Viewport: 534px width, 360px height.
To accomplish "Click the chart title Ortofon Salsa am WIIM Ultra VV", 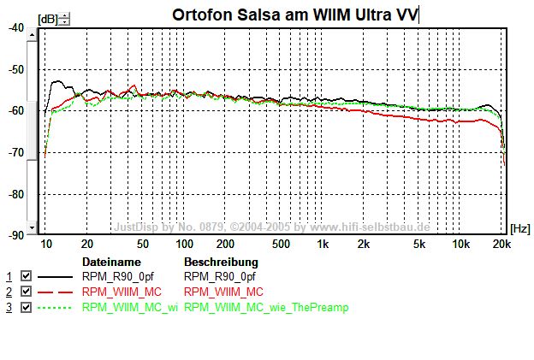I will click(294, 14).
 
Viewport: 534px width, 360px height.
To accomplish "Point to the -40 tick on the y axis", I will click(16, 27).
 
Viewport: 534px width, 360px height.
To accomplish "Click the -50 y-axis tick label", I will click(16, 69).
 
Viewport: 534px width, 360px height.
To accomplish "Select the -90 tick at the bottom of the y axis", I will click(16, 234).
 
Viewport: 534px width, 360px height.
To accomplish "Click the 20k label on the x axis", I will click(502, 244).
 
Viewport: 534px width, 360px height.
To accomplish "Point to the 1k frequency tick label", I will click(323, 244).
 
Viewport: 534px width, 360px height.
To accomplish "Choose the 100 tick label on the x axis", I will click(184, 244).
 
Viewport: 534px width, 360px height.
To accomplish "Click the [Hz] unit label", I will click(519, 229).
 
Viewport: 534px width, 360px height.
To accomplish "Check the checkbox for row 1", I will click(26, 276).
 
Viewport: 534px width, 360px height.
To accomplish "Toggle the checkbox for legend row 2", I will click(26, 292).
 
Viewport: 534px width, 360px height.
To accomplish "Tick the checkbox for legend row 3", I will click(26, 307).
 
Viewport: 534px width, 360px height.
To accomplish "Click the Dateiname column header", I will click(110, 262).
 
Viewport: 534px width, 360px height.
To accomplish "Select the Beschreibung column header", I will click(221, 262).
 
